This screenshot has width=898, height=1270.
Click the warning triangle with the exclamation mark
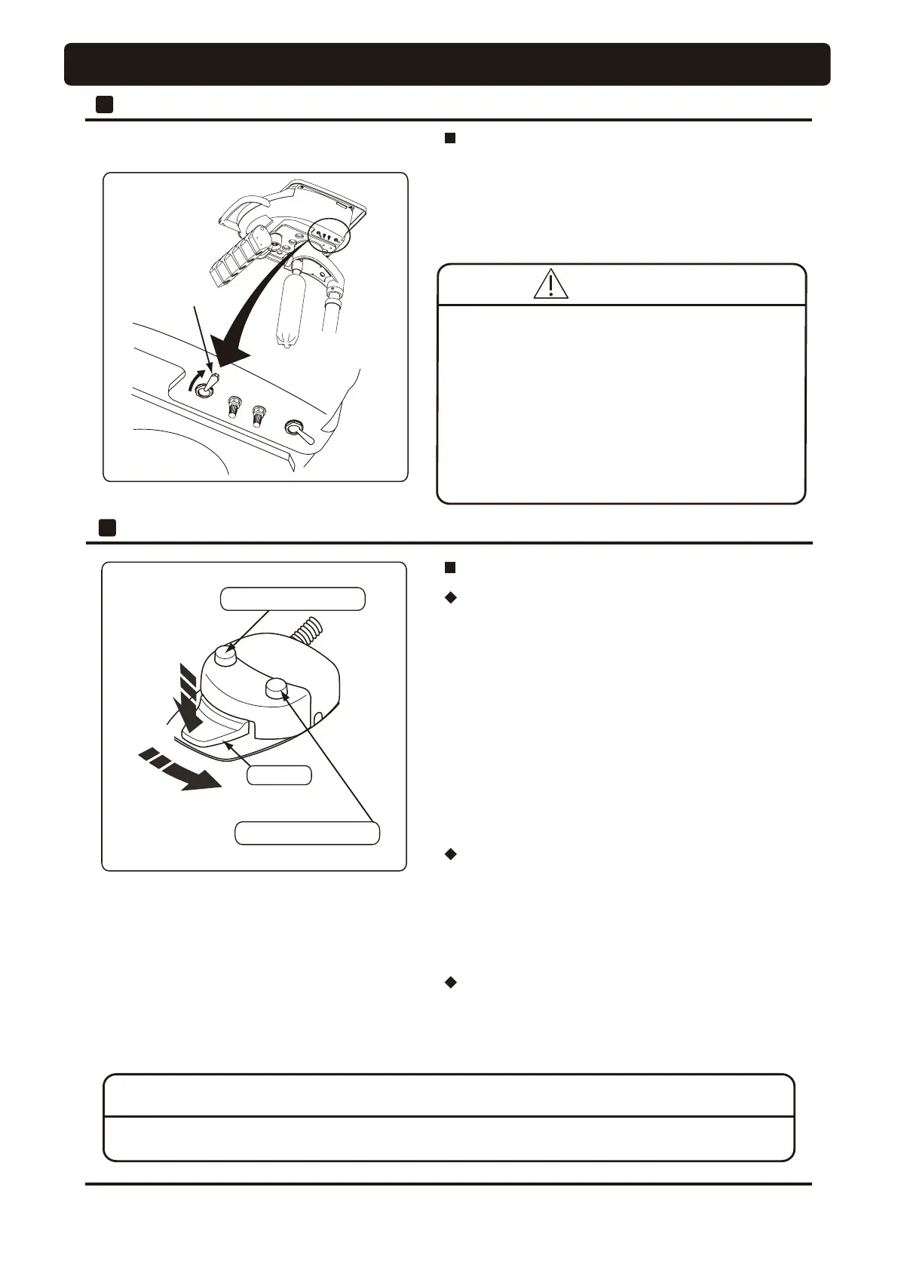550,284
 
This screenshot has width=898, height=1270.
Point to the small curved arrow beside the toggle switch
195,378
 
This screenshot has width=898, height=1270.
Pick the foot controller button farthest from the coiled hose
277,687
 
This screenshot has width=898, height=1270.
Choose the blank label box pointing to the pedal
279,775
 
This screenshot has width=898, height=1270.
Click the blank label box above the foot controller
292,599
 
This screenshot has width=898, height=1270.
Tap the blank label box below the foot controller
307,833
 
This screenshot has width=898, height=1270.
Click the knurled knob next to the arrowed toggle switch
234,406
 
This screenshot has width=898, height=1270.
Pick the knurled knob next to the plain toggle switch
259,415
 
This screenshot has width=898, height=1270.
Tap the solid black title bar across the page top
447,64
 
